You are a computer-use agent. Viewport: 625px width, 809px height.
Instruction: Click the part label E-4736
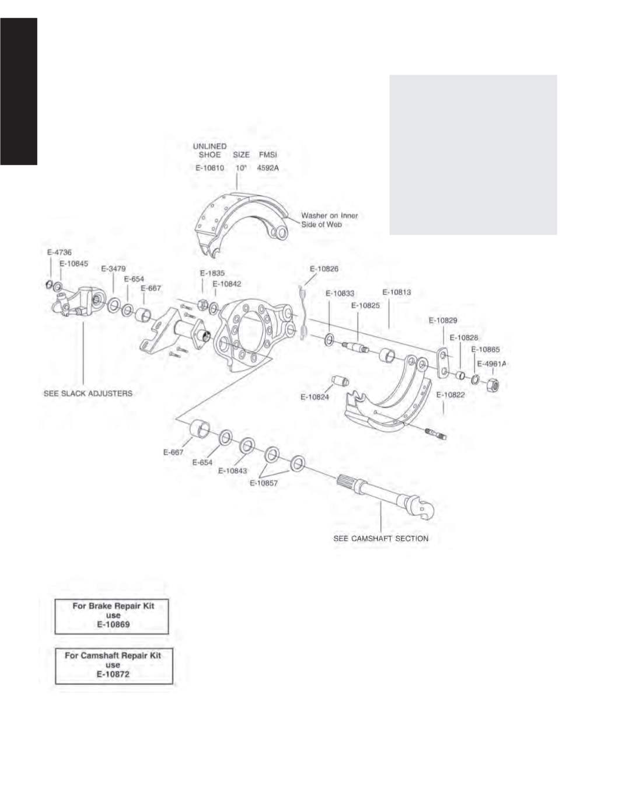click(59, 252)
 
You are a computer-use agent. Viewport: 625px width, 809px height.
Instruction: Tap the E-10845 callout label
click(74, 264)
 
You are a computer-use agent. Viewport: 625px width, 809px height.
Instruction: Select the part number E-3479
click(113, 268)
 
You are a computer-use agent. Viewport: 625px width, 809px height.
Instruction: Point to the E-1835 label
click(212, 273)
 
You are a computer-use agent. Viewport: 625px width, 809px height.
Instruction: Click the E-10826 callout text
click(324, 269)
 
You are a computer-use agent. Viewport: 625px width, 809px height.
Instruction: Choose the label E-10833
click(340, 294)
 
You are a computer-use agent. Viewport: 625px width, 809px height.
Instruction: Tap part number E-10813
click(396, 292)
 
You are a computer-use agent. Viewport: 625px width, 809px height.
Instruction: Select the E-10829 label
click(443, 320)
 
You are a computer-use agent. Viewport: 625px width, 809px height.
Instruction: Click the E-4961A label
click(492, 364)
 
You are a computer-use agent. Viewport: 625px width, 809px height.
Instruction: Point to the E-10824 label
click(315, 397)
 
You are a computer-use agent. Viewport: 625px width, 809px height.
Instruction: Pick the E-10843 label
click(232, 471)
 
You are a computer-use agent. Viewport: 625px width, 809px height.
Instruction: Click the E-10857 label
click(264, 483)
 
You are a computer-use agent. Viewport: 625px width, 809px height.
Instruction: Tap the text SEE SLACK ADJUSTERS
click(88, 393)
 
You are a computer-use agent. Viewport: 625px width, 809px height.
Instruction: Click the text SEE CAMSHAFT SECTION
click(381, 538)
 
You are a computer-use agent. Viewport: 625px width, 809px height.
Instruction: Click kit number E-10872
click(113, 674)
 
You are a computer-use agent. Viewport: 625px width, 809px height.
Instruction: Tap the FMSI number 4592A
click(268, 168)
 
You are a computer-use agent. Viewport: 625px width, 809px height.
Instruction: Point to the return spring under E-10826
click(303, 313)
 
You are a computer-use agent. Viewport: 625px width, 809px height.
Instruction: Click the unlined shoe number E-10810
click(210, 168)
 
